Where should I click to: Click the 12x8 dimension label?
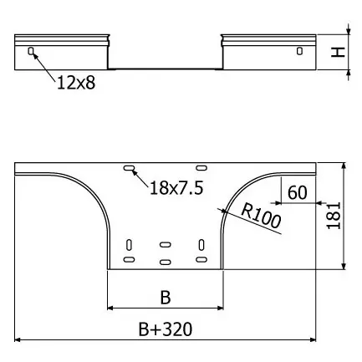click(x=76, y=83)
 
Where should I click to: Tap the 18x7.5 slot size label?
click(x=176, y=187)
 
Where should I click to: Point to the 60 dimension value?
click(x=298, y=192)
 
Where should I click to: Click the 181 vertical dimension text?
click(x=334, y=216)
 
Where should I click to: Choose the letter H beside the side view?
click(x=338, y=52)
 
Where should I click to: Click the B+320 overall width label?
click(x=166, y=329)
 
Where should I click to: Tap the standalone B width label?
click(x=166, y=298)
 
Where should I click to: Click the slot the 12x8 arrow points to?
click(x=31, y=51)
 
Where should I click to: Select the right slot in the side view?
click(x=299, y=51)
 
